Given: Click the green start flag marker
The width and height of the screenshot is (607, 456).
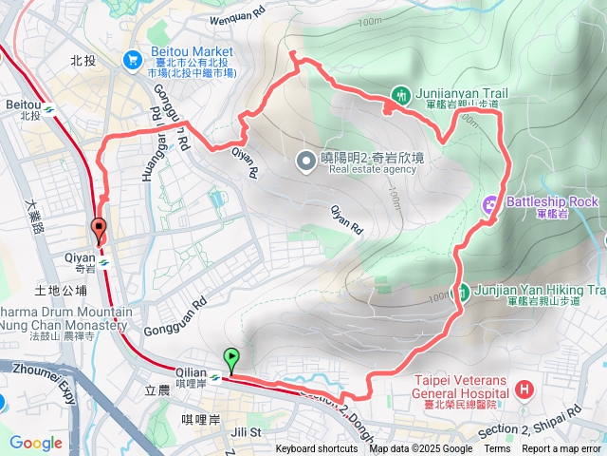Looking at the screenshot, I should click(x=232, y=358).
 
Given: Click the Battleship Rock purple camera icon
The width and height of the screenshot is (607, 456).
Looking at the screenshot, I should click(x=490, y=201).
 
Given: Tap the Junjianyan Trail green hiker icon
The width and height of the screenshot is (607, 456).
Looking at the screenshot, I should click(x=401, y=95).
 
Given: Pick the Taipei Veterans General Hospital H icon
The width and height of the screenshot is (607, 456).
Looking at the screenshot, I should click(x=525, y=390).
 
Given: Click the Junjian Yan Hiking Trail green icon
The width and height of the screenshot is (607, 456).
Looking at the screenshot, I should click(x=465, y=292).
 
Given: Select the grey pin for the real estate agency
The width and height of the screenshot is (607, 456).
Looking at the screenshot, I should click(x=306, y=161).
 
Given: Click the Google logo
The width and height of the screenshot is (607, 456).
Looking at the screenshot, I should click(x=35, y=442).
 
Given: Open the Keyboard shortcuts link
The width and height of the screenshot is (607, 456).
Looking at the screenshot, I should click(x=317, y=449).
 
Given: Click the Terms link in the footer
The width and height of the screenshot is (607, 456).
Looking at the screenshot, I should click(x=496, y=449).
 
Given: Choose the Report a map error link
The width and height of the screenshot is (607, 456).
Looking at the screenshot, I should click(x=561, y=449).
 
